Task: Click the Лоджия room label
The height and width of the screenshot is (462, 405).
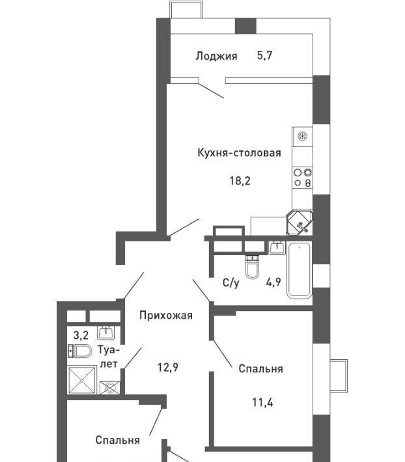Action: point(216,56)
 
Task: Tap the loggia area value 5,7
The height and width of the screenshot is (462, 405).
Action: point(265,55)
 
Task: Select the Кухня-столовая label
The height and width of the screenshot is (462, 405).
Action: point(239,153)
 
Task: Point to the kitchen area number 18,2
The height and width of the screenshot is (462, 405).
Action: point(240,181)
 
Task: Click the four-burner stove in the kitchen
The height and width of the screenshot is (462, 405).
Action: point(302,178)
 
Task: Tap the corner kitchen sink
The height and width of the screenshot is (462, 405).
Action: point(300,223)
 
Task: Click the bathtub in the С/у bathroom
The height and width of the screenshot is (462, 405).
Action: point(299,270)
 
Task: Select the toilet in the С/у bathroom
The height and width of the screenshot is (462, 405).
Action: point(253,267)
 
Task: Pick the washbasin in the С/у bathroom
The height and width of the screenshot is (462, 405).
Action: point(277,247)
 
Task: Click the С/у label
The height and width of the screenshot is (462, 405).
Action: point(231,283)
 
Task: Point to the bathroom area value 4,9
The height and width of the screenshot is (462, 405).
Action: point(273,282)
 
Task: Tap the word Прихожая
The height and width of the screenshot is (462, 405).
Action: point(166,316)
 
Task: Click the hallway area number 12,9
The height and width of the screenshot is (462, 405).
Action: point(167,368)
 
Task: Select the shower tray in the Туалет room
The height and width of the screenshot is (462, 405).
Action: point(82,380)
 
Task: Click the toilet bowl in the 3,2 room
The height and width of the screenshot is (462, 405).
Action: point(79,351)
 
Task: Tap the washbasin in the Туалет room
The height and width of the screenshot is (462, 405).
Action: point(106,333)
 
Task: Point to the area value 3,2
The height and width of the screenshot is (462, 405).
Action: point(81,335)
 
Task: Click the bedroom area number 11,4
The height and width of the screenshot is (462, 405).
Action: point(262,402)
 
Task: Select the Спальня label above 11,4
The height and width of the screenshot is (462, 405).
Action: point(260,368)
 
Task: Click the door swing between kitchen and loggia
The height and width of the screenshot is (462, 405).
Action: point(211,90)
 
